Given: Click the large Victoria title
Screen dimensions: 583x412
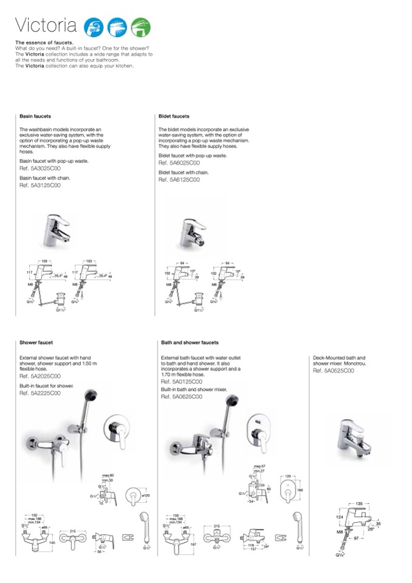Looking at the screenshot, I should [x=46, y=26].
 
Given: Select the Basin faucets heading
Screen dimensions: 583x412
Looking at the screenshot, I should [x=35, y=116].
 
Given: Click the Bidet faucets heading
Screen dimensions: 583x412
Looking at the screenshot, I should [x=174, y=116].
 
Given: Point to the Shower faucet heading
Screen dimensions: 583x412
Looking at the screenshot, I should [x=36, y=343].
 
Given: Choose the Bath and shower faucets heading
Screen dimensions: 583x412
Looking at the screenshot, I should [x=190, y=343].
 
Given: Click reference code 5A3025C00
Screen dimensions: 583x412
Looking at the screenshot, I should [x=40, y=167].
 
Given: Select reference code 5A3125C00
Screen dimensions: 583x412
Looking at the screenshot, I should [x=40, y=185].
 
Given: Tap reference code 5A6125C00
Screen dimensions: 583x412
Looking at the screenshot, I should [x=179, y=180].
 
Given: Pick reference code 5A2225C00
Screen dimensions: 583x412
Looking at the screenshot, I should [x=40, y=393].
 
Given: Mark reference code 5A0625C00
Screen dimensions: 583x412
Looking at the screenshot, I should [x=182, y=396].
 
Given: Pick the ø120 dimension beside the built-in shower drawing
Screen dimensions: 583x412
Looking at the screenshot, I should [x=146, y=496].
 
